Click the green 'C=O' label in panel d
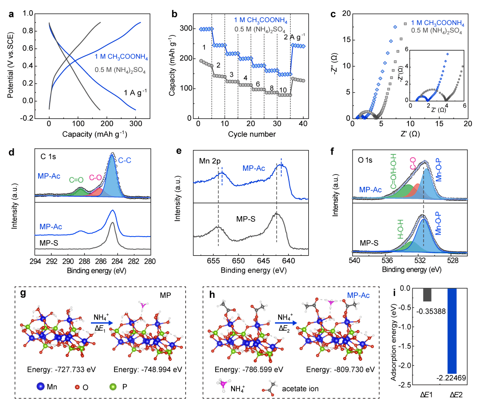[x=76, y=180]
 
